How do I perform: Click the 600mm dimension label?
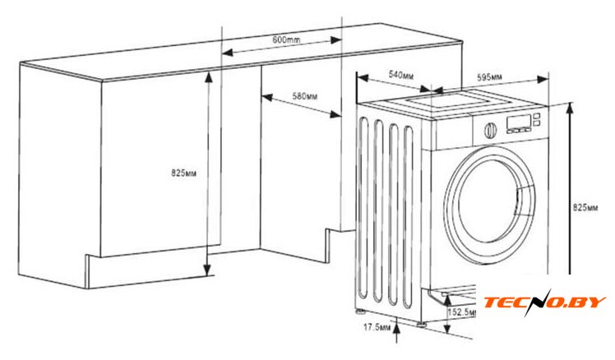click(x=285, y=40)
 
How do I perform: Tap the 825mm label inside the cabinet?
click(x=183, y=173)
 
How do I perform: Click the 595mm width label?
click(x=490, y=76)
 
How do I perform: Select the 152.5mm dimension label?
click(x=463, y=313)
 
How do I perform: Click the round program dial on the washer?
click(x=489, y=130)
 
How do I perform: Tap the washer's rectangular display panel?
click(x=519, y=123)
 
